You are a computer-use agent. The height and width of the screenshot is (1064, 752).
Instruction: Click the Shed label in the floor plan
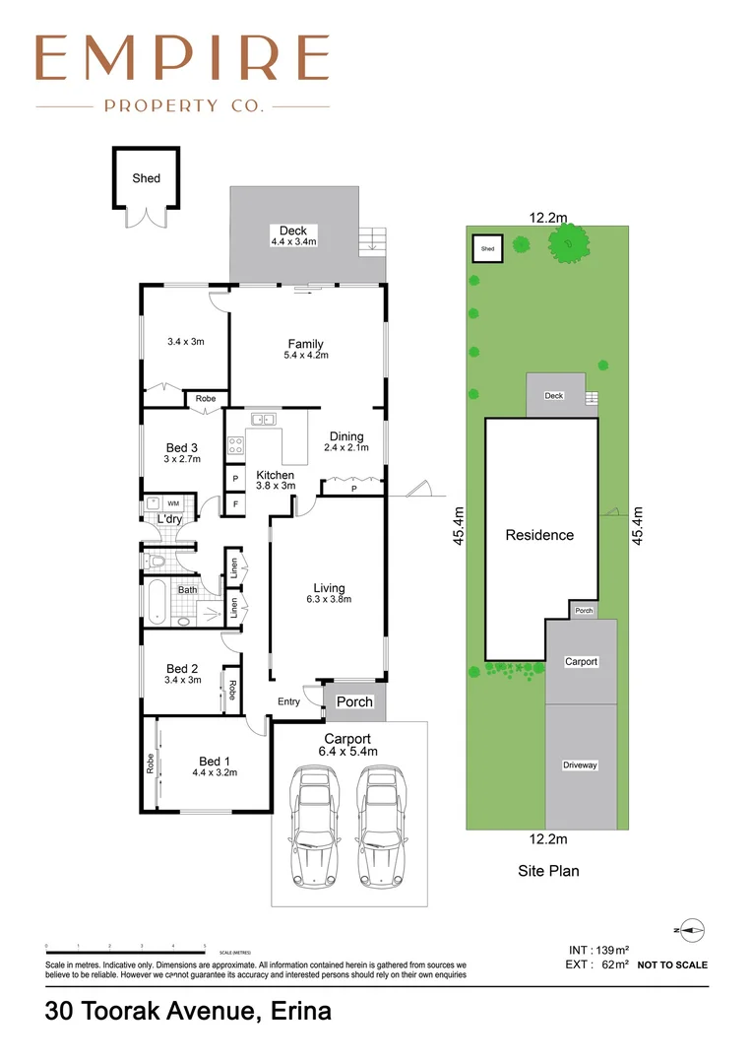147,178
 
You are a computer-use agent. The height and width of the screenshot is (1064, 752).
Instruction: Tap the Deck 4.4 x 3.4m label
293,235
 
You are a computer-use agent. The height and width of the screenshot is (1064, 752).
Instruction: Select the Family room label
305,349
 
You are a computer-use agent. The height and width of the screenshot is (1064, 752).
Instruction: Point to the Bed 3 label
182,453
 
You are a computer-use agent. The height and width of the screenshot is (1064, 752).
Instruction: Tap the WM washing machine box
172,503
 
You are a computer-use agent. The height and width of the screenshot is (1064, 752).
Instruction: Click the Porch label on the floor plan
355,701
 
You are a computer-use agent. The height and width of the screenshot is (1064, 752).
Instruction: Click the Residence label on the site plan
539,535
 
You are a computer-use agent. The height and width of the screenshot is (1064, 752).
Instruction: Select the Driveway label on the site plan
581,765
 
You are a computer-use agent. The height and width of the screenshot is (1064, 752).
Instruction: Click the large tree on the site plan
567,241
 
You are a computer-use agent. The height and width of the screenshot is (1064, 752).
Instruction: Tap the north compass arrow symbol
691,928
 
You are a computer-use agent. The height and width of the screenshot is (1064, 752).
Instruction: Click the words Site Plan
548,871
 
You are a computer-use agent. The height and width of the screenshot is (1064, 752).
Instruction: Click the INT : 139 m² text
598,949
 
